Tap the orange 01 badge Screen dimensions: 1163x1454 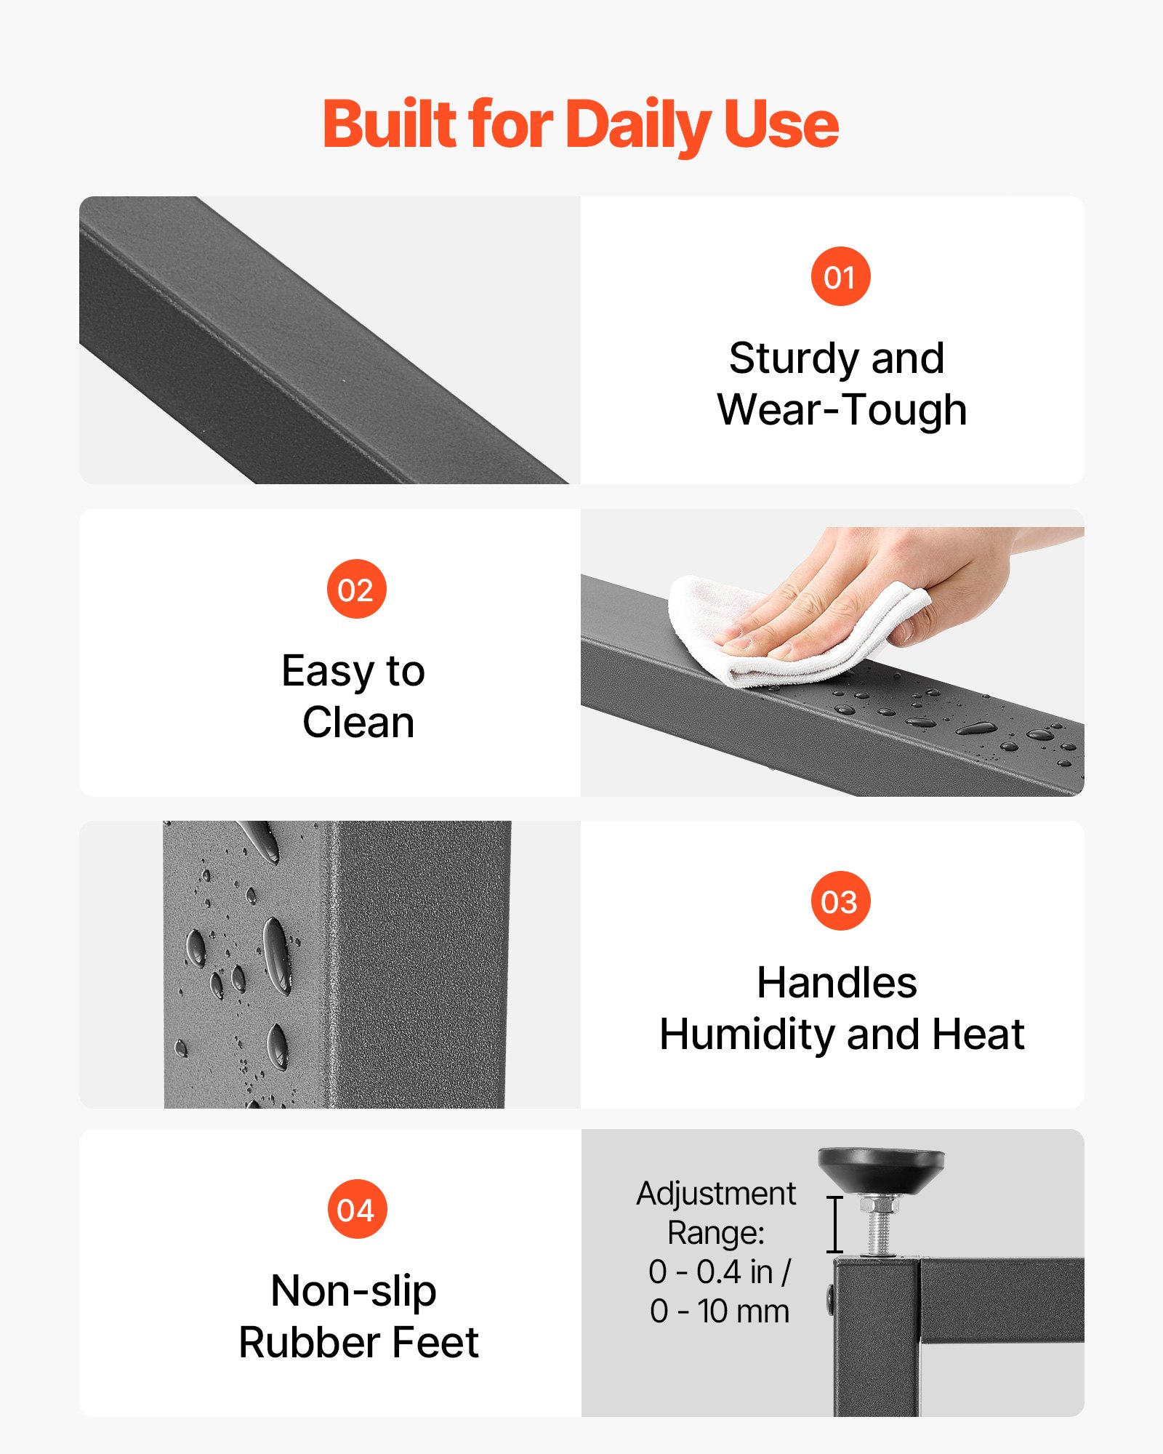(x=840, y=276)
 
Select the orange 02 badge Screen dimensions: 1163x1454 (x=356, y=589)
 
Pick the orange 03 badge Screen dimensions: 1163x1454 (x=840, y=901)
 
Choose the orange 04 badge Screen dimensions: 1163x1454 (x=357, y=1209)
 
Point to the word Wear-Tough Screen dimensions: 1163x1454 (x=842, y=410)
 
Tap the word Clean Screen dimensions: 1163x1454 (x=358, y=723)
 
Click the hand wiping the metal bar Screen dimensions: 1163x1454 (x=887, y=589)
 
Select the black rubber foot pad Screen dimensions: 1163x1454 (x=881, y=1170)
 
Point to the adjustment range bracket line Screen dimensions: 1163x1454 (x=835, y=1224)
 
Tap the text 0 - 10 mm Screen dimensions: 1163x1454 (x=720, y=1312)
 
